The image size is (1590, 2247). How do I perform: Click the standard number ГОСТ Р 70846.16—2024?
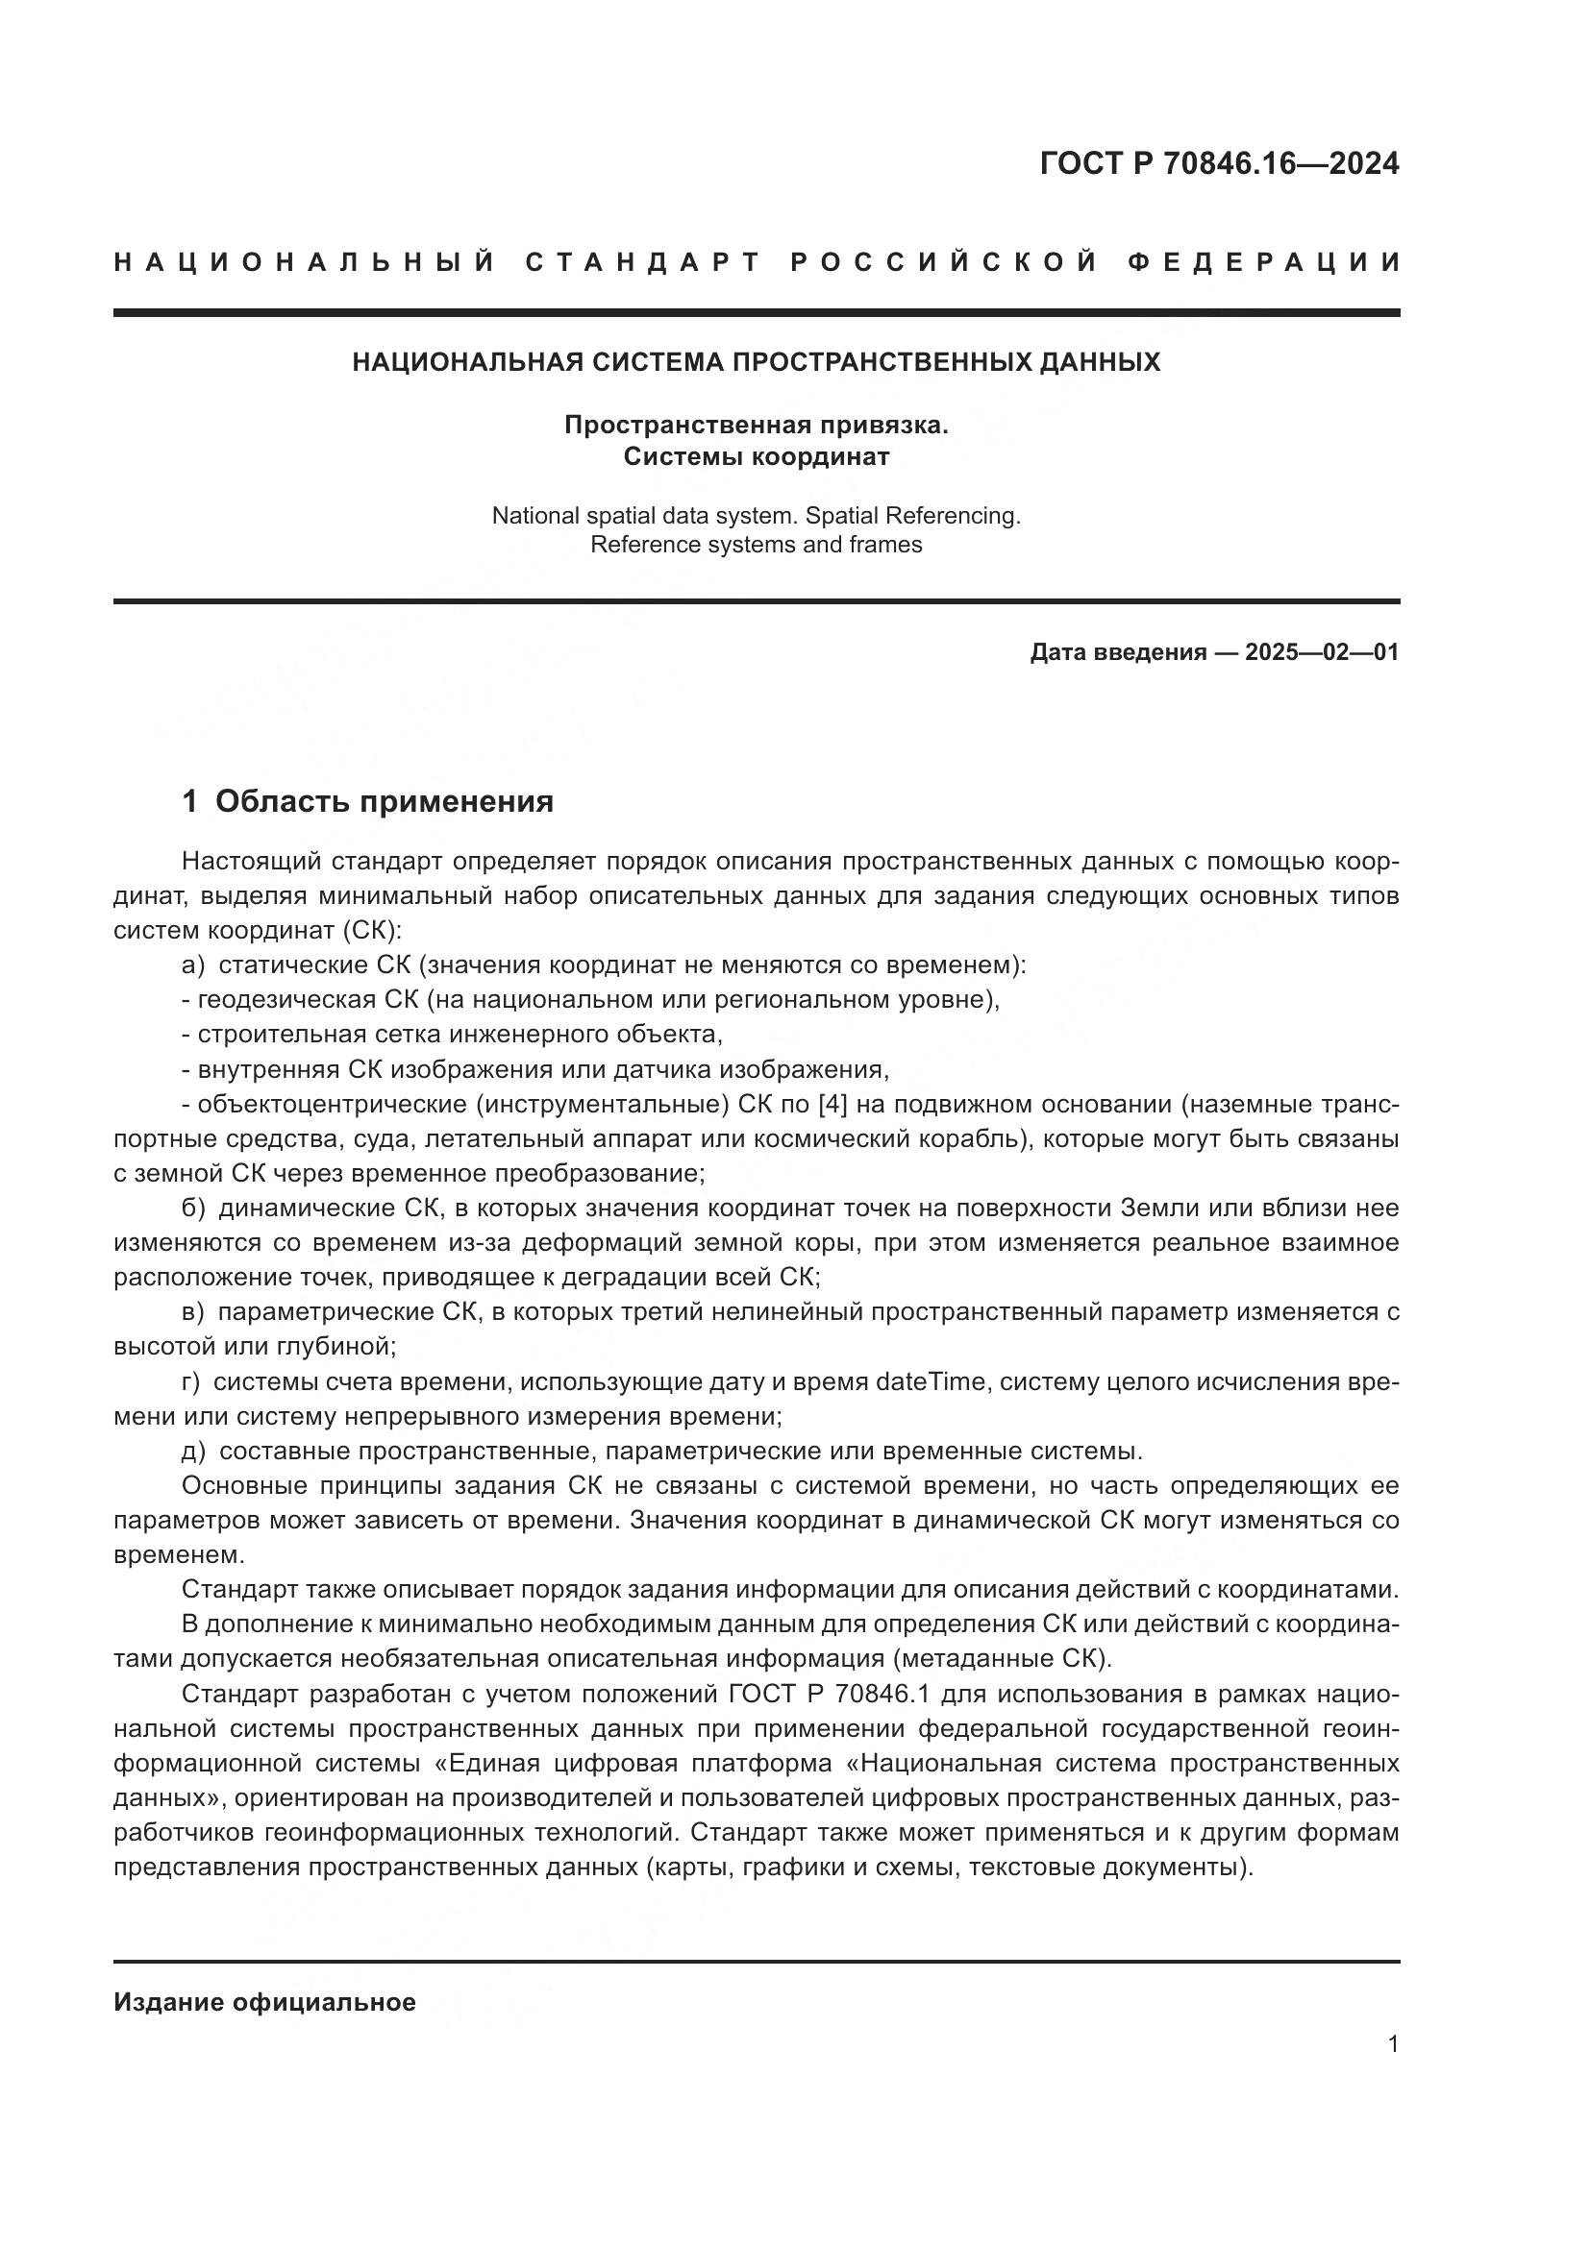click(1219, 163)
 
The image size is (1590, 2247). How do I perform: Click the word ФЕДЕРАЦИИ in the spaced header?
click(1263, 262)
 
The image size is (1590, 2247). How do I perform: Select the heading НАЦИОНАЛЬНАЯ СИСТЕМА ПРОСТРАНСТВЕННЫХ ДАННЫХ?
click(756, 362)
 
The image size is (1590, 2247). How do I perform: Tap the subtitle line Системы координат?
click(756, 457)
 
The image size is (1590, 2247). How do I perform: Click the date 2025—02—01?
click(1322, 652)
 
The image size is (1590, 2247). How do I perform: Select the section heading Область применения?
click(384, 801)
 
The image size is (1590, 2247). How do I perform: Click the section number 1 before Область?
click(190, 801)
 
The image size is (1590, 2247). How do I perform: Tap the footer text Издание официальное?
click(264, 2002)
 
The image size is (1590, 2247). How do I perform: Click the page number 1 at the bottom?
click(1393, 2044)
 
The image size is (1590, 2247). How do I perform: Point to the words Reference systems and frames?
click(756, 545)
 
